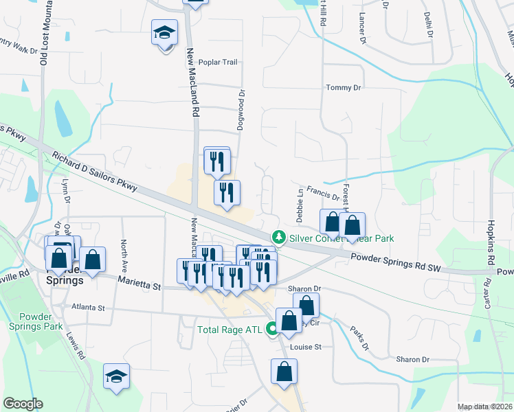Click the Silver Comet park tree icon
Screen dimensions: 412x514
pos(278,237)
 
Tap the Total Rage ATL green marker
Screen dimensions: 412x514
pos(273,330)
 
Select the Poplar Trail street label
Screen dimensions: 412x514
pos(218,62)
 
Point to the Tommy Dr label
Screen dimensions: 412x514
pos(343,88)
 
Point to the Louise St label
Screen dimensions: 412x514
pos(306,347)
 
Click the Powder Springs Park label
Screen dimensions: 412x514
pos(41,321)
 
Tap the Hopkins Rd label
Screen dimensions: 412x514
pos(492,244)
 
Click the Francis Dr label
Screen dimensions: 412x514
pos(323,192)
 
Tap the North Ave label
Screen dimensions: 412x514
pos(124,251)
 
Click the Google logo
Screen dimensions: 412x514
pos(23,404)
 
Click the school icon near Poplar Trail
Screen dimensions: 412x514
pos(165,33)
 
